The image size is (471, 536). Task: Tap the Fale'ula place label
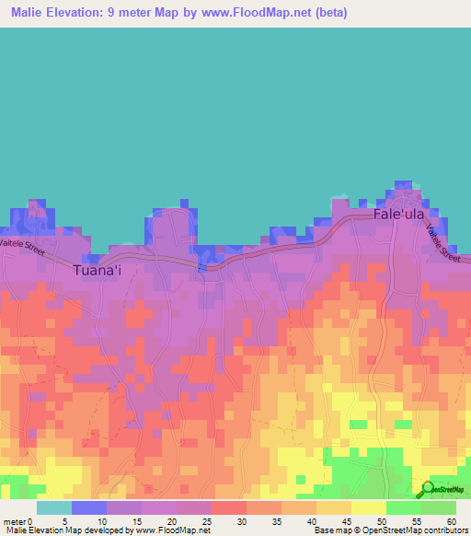click(399, 214)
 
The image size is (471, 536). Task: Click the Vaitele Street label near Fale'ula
click(442, 244)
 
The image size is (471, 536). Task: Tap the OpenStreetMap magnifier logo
click(427, 489)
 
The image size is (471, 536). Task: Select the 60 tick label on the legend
click(451, 520)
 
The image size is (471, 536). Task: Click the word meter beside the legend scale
click(14, 520)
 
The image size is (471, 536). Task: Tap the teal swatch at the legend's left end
click(54, 507)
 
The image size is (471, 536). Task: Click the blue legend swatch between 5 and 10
click(89, 507)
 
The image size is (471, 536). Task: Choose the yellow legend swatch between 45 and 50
click(369, 507)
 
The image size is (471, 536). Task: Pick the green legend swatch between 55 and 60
click(439, 507)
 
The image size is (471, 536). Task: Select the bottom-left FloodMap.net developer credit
click(106, 530)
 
